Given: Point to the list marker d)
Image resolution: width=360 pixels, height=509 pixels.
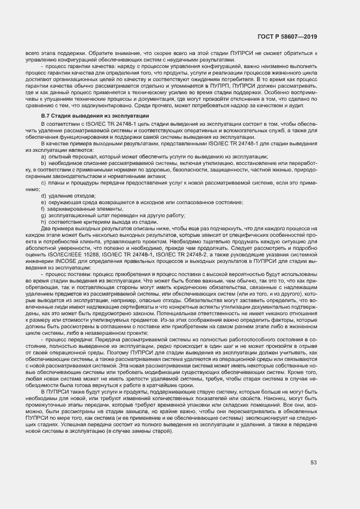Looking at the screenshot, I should pyautogui.click(x=44, y=195).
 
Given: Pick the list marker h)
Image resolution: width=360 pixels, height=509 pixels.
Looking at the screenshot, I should pyautogui.click(x=43, y=221).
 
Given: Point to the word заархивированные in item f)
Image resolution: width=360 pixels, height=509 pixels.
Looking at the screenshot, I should pyautogui.click(x=71, y=208).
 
